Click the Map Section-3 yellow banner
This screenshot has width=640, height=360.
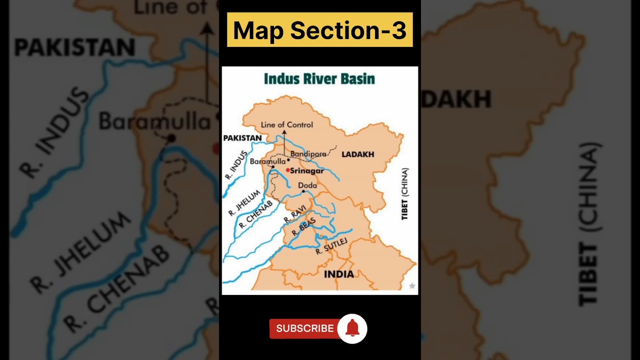point(319,30)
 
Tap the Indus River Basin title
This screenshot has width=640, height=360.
point(319,79)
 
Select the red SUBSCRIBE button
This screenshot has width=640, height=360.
point(304,328)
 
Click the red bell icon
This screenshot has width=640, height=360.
point(352,328)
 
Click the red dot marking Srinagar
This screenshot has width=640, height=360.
point(288,170)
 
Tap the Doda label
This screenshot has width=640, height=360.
point(307,185)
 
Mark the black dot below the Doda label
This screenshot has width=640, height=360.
point(303,191)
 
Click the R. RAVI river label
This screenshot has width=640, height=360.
point(294,216)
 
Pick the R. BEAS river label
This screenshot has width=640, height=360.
point(307,227)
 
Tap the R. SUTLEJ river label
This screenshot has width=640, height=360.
point(331,246)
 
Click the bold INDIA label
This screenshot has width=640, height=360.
point(338,274)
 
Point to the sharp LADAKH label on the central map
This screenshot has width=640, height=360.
point(357,154)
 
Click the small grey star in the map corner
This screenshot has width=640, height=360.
point(412,286)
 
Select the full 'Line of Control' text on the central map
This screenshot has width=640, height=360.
point(287,124)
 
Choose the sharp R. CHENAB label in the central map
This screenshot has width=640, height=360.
point(255,214)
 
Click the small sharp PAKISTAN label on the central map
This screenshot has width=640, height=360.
point(242,138)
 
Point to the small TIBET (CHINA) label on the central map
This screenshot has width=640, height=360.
point(404,194)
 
